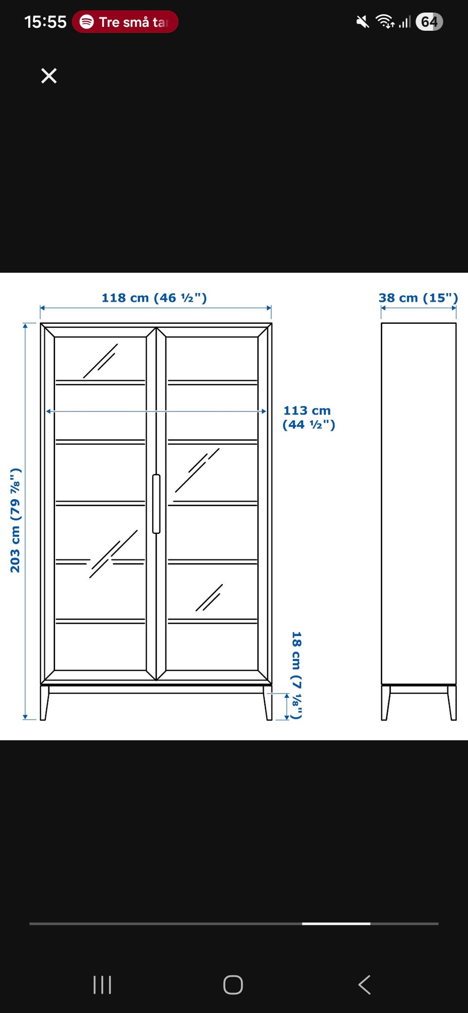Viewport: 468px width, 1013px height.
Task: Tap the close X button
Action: (49, 76)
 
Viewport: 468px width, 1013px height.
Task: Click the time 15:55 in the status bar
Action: (45, 22)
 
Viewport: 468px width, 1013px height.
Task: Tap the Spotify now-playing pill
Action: (125, 22)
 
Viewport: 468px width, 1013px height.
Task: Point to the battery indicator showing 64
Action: (429, 22)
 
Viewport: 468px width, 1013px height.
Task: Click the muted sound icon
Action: (363, 22)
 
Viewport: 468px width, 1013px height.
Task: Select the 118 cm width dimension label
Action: (154, 298)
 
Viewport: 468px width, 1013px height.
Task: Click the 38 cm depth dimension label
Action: (418, 298)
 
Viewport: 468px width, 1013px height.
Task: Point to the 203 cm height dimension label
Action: (16, 520)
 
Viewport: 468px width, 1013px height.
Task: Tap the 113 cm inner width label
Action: (309, 417)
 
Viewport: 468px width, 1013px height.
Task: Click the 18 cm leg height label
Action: (296, 675)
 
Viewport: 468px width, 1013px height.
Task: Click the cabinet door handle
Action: (156, 504)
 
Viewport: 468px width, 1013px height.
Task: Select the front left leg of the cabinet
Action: (44, 703)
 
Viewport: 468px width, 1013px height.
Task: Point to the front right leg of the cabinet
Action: (268, 703)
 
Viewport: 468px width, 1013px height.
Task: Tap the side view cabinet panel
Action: (418, 504)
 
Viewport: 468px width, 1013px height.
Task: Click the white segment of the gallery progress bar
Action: (336, 923)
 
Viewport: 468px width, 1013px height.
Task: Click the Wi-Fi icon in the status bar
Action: (385, 21)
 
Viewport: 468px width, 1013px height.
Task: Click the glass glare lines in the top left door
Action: (100, 360)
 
